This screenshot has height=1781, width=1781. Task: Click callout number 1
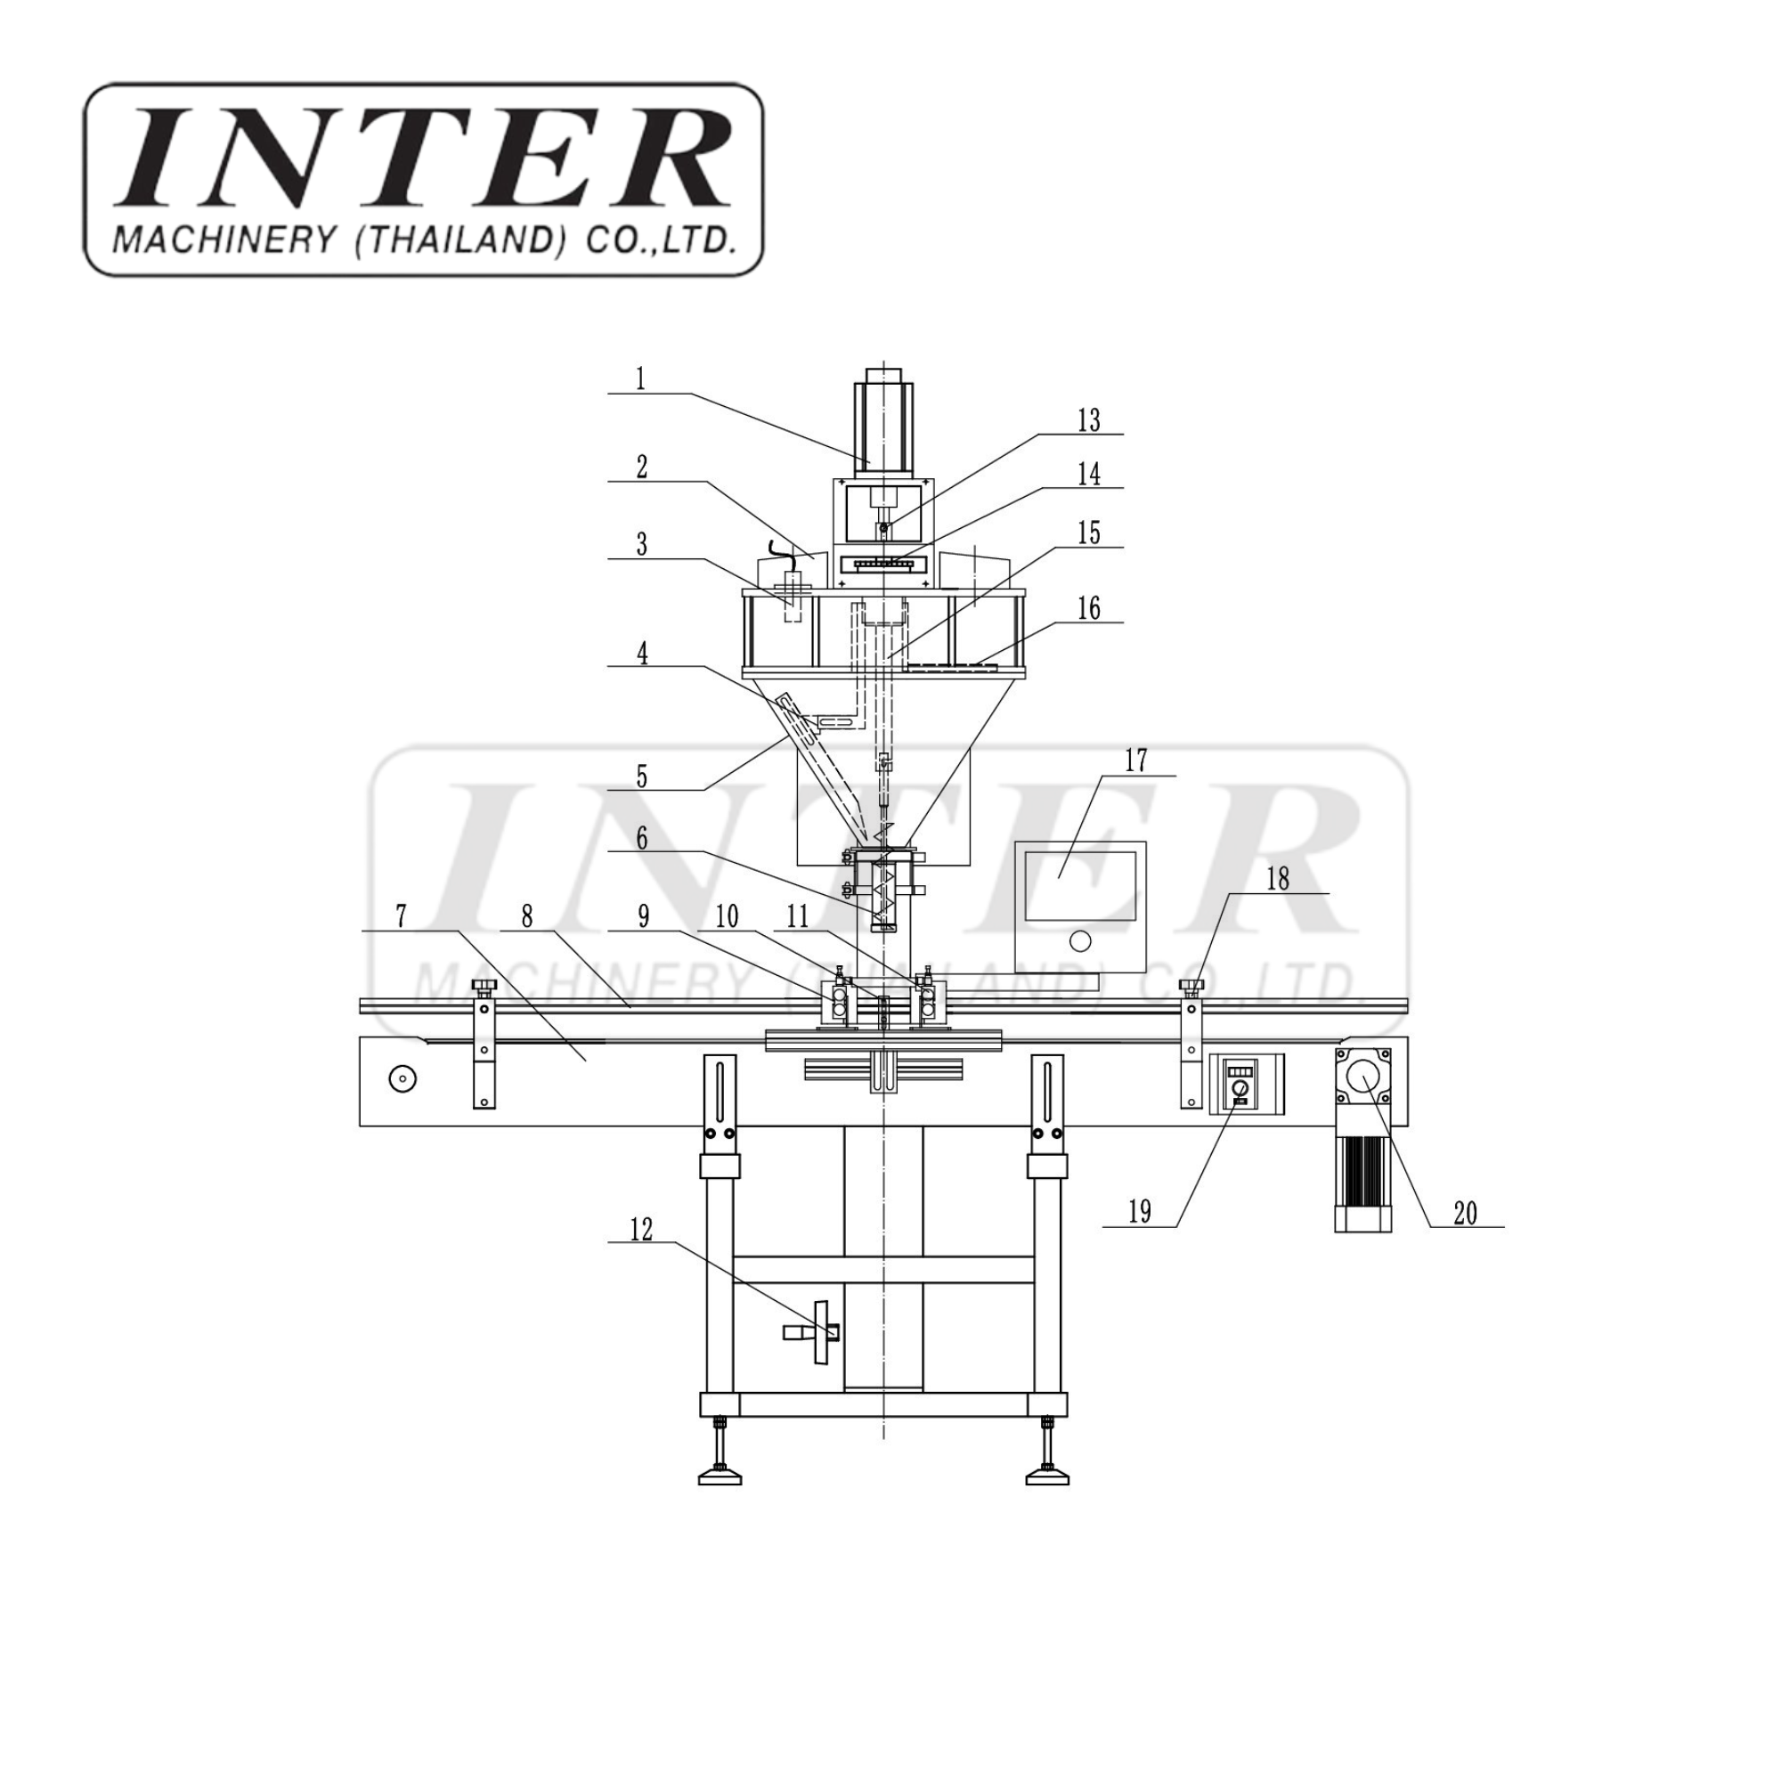pos(640,378)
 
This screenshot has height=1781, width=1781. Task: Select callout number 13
pos(1089,419)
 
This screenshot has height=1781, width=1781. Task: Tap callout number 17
pos(1135,760)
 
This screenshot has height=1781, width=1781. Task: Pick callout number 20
pos(1465,1213)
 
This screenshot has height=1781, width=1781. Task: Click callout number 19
pos(1141,1211)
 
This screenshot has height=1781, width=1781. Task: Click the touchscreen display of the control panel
pos(1079,886)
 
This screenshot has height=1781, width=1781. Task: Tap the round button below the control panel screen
pos(1079,942)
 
